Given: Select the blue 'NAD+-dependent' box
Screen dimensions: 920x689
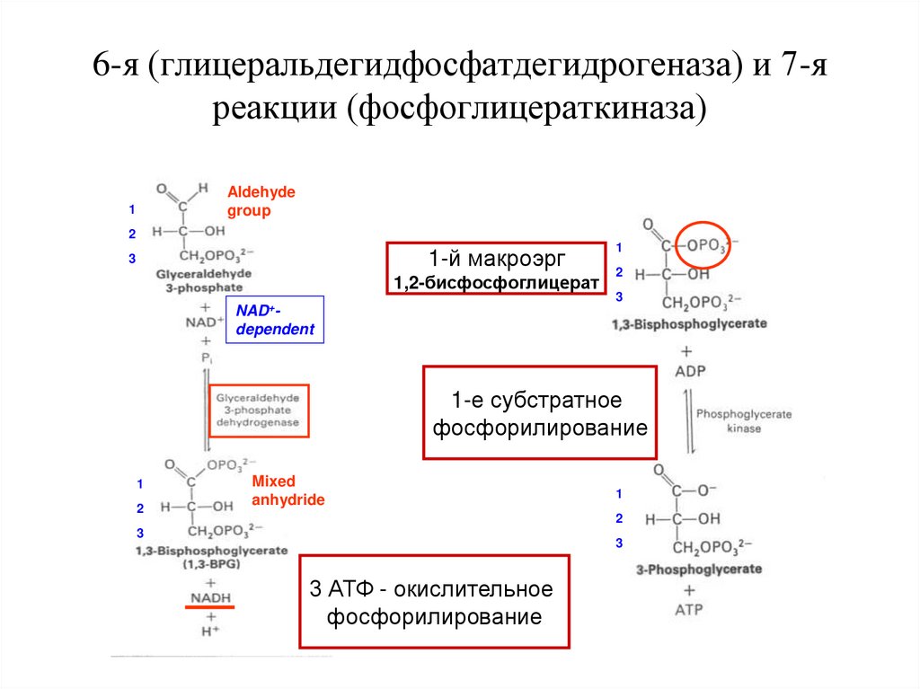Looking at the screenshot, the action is tap(275, 320).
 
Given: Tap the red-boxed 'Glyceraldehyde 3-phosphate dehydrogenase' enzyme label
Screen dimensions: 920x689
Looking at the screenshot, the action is tap(259, 410).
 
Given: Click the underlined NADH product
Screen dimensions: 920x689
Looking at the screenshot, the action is tap(209, 598).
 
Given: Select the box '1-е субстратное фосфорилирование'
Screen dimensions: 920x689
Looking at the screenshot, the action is tap(539, 413).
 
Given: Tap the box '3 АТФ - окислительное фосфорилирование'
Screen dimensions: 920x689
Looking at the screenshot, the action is tap(435, 602).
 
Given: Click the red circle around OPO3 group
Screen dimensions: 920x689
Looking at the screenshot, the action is tap(703, 243).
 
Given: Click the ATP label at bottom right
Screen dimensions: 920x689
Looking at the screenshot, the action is tap(689, 610).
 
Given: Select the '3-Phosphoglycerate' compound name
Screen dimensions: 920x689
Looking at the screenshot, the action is tap(698, 569).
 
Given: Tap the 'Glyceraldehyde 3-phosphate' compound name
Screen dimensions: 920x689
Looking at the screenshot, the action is tap(203, 279).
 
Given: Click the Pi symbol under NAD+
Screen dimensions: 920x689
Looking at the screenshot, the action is tap(207, 358).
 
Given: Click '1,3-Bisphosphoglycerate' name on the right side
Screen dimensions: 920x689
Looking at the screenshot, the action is tap(690, 323).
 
